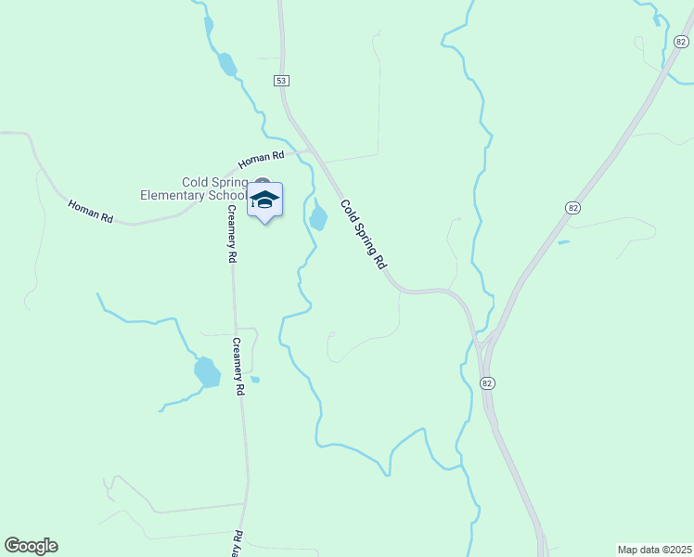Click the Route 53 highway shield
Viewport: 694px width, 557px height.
281,81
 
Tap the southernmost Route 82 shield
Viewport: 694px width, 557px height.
487,382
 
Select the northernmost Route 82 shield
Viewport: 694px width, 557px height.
681,41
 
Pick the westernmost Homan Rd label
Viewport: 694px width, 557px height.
90,211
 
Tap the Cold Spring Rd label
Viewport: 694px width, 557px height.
363,234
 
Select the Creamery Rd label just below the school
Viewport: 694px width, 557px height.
231,232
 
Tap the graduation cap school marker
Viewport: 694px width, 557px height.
265,201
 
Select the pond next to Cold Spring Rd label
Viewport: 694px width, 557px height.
318,219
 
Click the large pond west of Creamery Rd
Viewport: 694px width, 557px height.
206,372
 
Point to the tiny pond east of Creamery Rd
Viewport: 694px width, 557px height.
255,379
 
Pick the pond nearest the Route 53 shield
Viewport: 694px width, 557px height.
226,64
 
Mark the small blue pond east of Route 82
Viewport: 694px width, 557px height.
562,243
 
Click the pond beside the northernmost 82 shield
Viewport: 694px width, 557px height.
657,19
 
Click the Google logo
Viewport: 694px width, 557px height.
31,546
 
